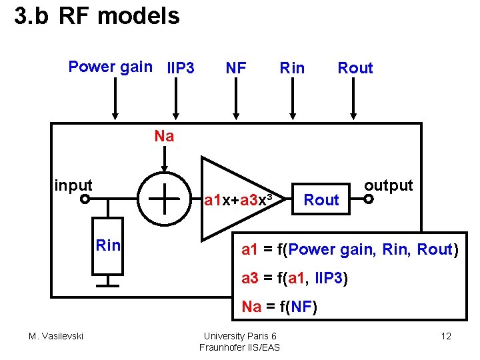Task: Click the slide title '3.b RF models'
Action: (97, 16)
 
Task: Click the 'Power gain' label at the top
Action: (110, 67)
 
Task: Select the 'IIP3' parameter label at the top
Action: (181, 68)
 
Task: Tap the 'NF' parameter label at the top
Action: (236, 68)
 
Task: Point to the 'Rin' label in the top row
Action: (292, 68)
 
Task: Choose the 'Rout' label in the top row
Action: (355, 68)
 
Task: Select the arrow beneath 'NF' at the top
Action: (235, 100)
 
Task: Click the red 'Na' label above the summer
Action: (164, 137)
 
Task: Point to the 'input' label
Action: (73, 185)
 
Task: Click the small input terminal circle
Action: (85, 199)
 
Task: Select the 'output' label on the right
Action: (388, 185)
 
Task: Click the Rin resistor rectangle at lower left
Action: (107, 245)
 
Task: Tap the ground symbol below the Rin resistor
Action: (107, 281)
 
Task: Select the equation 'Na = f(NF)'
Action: (279, 307)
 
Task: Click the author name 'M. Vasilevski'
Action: (56, 336)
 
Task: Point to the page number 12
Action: (446, 336)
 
